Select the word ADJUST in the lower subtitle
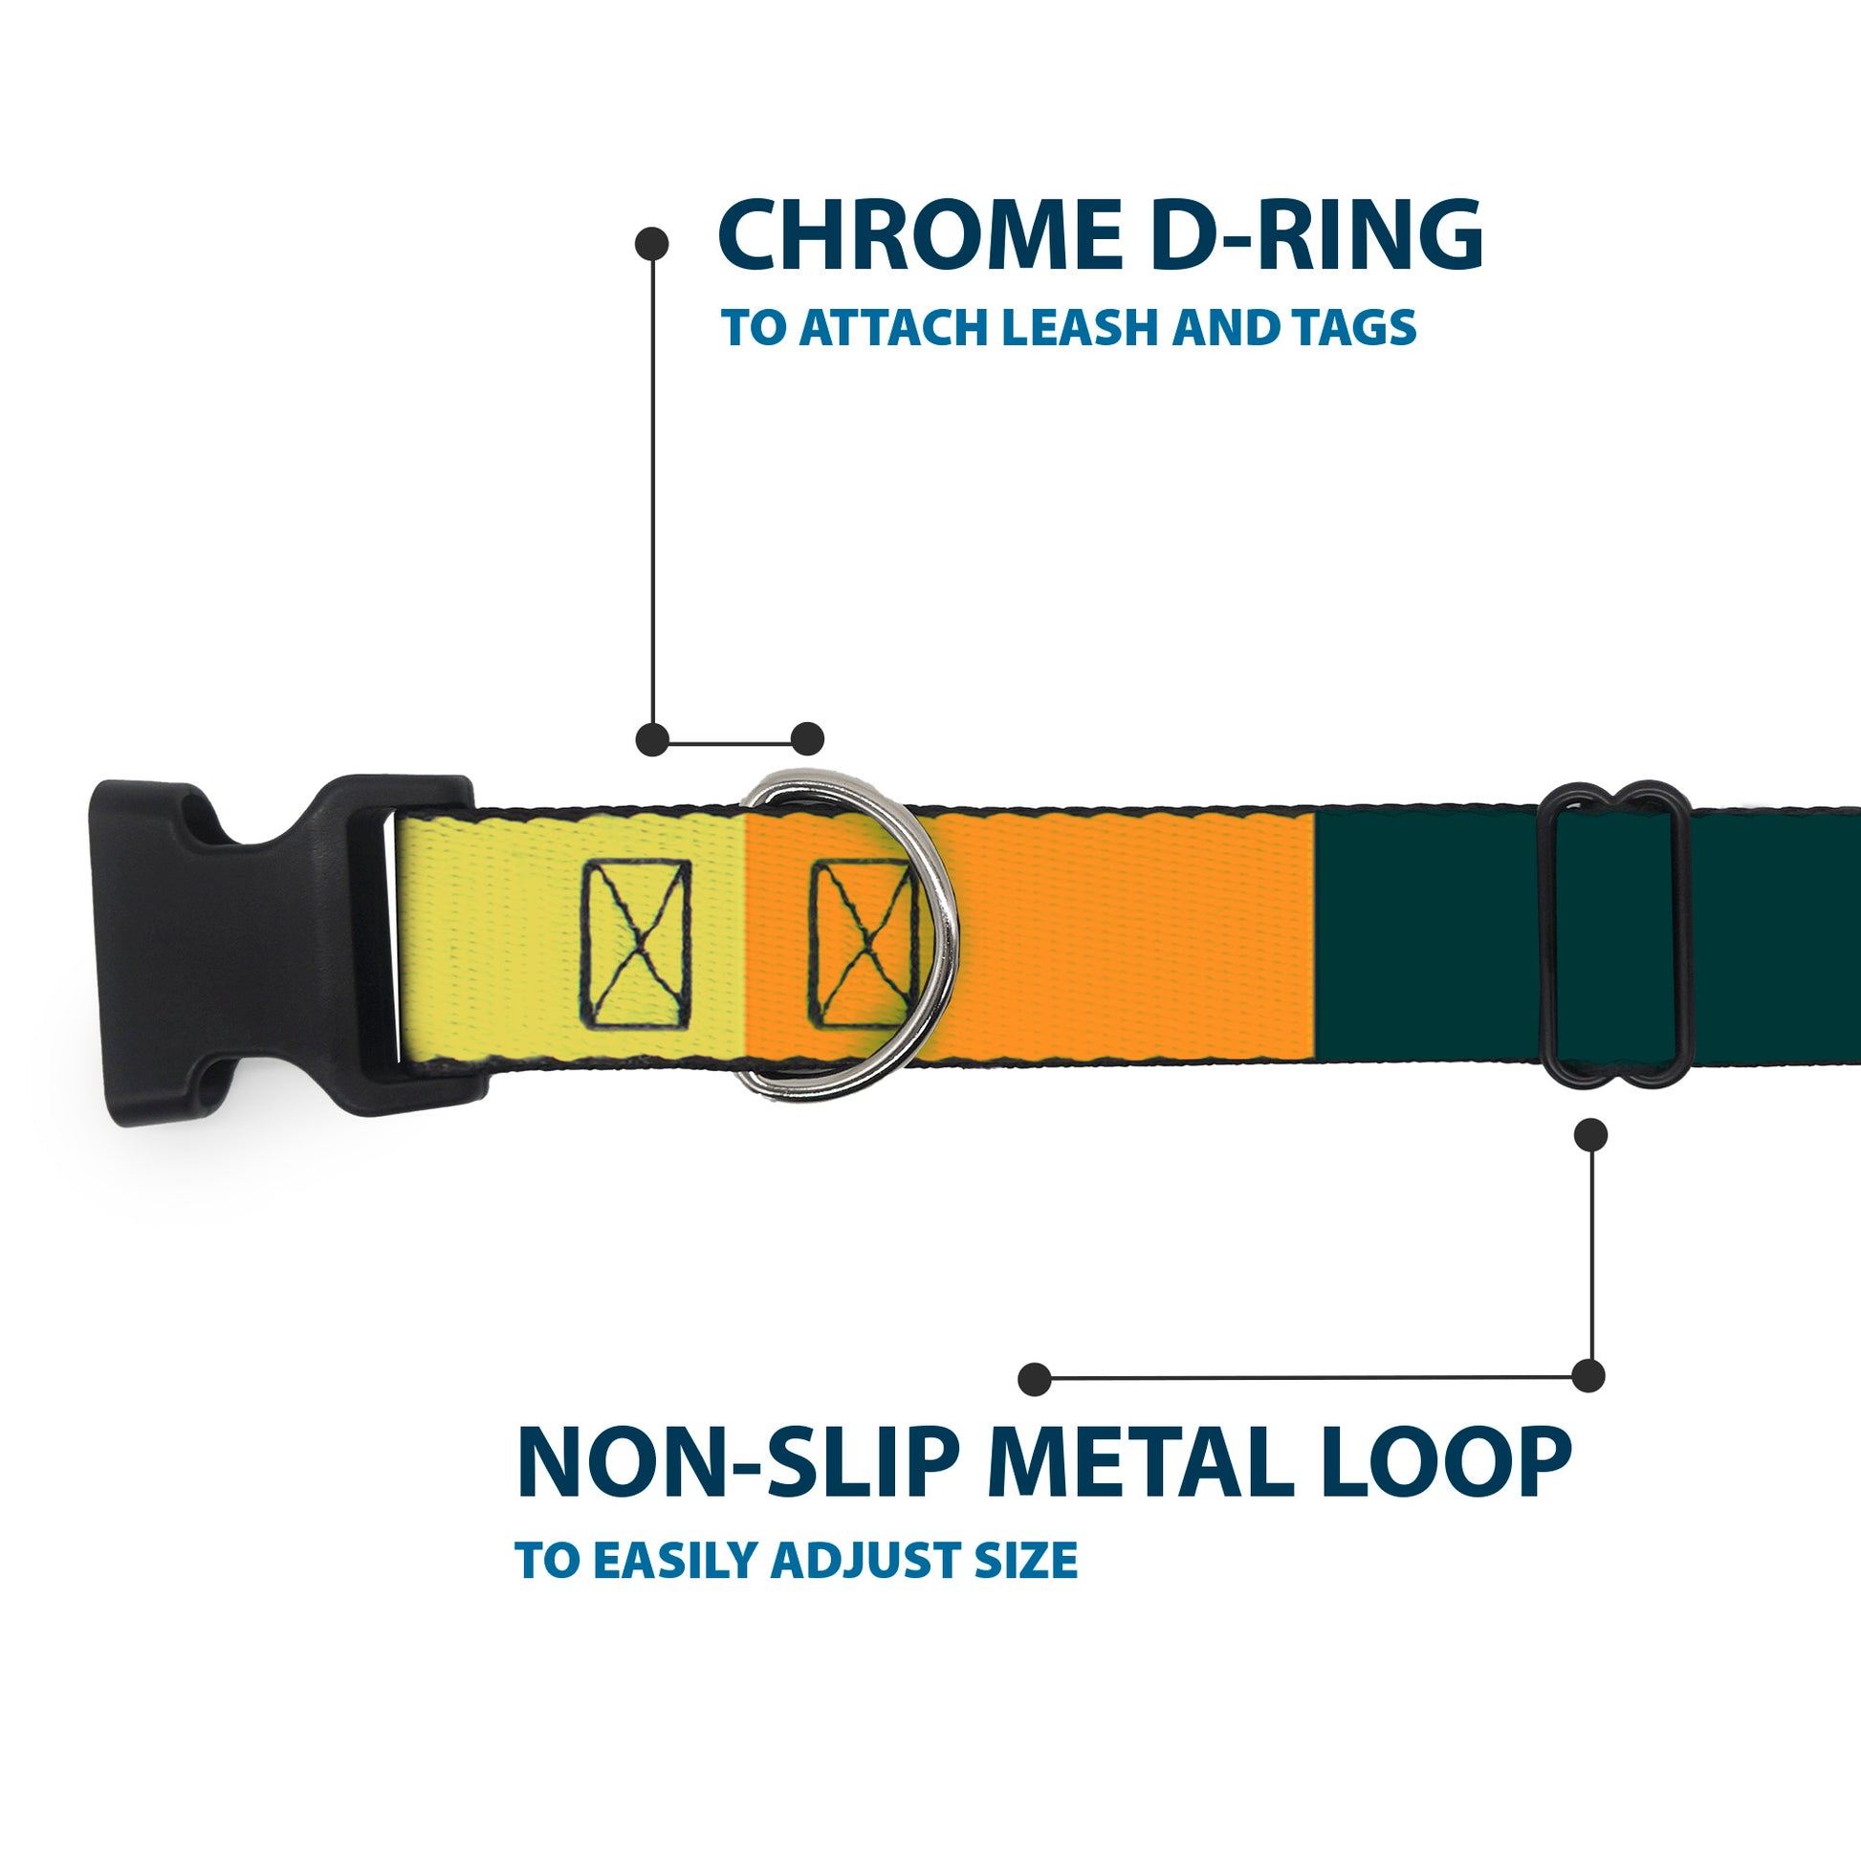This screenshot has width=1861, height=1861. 867,1562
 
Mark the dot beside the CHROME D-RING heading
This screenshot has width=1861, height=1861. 652,244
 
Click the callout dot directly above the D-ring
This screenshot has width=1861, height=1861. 807,739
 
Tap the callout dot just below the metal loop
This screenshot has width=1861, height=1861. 1590,1135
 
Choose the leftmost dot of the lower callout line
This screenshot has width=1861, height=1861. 1035,1379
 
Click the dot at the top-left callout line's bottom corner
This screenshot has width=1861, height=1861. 653,739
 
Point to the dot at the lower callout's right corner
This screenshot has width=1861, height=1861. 1588,1375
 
